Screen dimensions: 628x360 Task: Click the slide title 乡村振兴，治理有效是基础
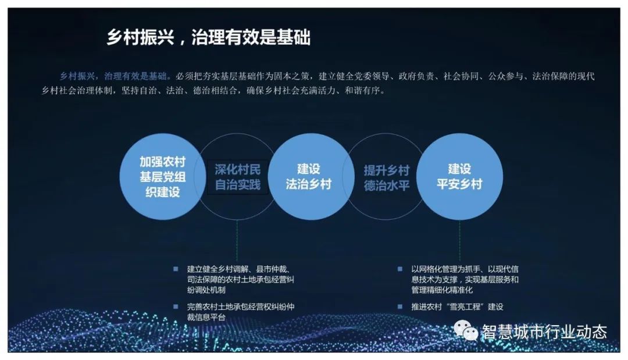208,38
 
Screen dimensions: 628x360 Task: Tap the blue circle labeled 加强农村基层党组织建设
162,177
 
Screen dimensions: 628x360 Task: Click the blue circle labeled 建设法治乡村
309,177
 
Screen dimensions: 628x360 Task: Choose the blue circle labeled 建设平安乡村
459,177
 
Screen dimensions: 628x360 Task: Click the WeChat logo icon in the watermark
466,331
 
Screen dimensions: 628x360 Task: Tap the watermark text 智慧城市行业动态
544,332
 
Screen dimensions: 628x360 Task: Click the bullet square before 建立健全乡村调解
176,269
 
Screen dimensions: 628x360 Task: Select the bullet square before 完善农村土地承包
176,306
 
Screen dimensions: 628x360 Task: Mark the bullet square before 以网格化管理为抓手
399,269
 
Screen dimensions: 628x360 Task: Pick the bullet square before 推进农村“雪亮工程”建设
399,306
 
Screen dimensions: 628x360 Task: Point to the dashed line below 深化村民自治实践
237,240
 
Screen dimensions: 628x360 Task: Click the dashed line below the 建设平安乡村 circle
459,240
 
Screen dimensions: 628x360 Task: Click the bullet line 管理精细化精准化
442,290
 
